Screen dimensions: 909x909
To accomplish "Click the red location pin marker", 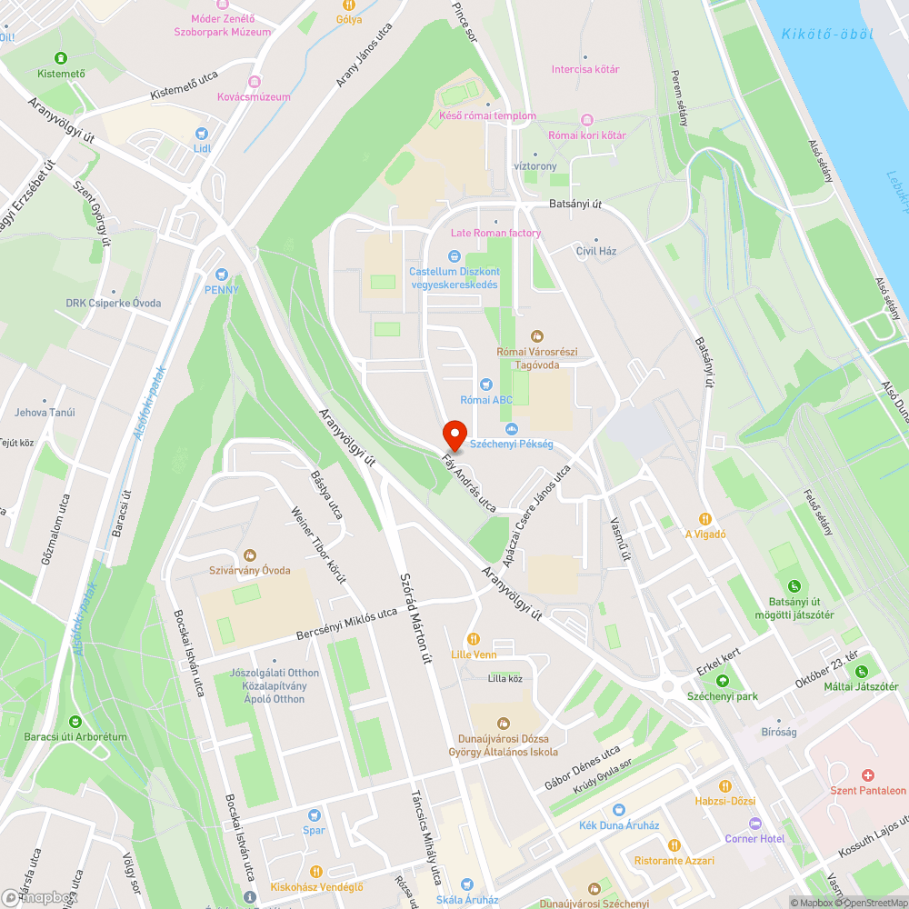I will pyautogui.click(x=454, y=435).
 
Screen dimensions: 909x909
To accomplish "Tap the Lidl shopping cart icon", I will pyautogui.click(x=201, y=131).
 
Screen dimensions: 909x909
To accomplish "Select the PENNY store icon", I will pyautogui.click(x=221, y=274).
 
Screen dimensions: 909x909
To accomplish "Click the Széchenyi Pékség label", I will pyautogui.click(x=512, y=445).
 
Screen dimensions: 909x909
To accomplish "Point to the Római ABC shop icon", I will pyautogui.click(x=486, y=384).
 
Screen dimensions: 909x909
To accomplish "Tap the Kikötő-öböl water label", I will pyautogui.click(x=826, y=34).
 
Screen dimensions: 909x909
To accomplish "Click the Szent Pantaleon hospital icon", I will pyautogui.click(x=868, y=775).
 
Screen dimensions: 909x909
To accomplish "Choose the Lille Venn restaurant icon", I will pyautogui.click(x=473, y=639).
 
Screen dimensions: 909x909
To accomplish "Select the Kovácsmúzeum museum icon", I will pyautogui.click(x=255, y=82).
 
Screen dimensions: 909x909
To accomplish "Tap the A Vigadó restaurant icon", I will pyautogui.click(x=705, y=519).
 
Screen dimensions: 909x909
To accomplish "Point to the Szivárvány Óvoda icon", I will pyautogui.click(x=250, y=555).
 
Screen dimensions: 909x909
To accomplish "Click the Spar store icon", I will pyautogui.click(x=314, y=815).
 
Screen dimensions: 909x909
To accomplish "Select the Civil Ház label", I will pyautogui.click(x=596, y=251).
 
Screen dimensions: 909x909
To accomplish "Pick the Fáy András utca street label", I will pyautogui.click(x=469, y=484).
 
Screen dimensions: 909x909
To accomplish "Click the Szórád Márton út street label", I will pyautogui.click(x=415, y=618).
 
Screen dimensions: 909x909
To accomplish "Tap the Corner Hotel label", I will pyautogui.click(x=754, y=838).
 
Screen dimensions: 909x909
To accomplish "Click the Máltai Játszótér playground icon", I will pyautogui.click(x=860, y=672).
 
